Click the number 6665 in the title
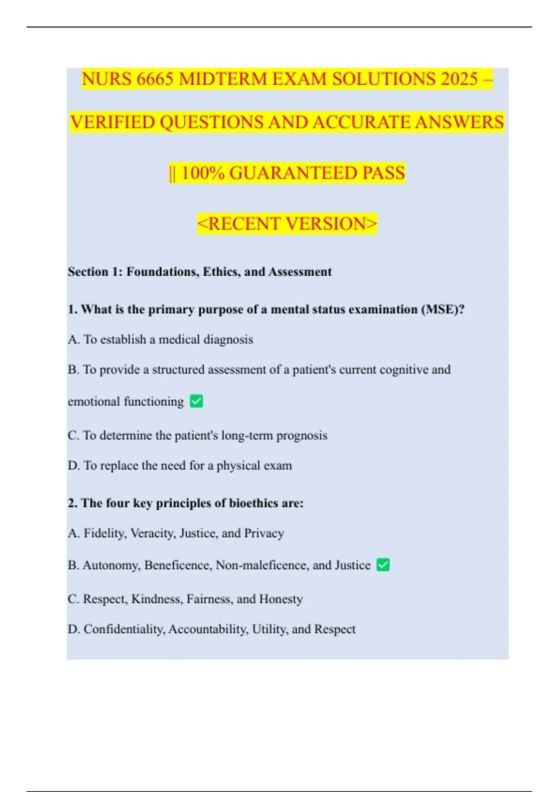pyautogui.click(x=155, y=79)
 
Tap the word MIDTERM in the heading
pyautogui.click(x=222, y=79)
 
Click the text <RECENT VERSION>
pyautogui.click(x=287, y=224)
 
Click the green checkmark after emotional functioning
pyautogui.click(x=196, y=401)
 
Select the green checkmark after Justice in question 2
pyautogui.click(x=383, y=565)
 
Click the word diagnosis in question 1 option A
pyautogui.click(x=229, y=340)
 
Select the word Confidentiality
pyautogui.click(x=124, y=629)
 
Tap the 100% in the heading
pyautogui.click(x=203, y=173)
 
